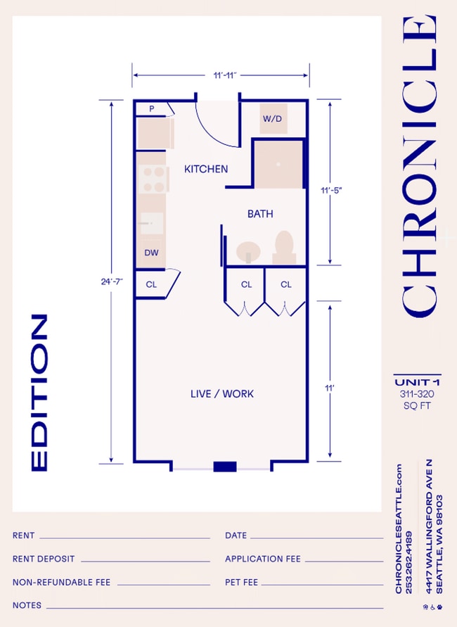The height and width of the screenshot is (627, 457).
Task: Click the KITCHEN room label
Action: pos(206,169)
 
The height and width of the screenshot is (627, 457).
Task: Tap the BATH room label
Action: pos(259,214)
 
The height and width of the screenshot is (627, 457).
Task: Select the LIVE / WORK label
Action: pos(222,393)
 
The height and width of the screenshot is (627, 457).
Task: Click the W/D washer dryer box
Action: pos(272,119)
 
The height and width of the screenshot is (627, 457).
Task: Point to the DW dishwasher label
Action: pos(150,253)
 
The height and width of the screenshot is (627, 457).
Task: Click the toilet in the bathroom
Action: pos(284,248)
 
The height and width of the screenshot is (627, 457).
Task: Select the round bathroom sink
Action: pos(247,252)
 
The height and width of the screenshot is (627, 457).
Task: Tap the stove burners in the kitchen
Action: pos(152,179)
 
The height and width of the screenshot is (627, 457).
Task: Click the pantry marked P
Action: pos(151,108)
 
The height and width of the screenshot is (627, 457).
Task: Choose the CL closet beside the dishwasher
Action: pos(151,285)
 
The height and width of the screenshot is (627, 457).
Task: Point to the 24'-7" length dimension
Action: pos(111,281)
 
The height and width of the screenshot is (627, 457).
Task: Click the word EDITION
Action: pos(39,393)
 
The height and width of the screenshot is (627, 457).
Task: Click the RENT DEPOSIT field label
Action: pos(44,559)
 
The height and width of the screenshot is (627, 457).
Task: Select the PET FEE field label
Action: pos(241,583)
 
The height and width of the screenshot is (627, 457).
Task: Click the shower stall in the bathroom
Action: pos(278,163)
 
